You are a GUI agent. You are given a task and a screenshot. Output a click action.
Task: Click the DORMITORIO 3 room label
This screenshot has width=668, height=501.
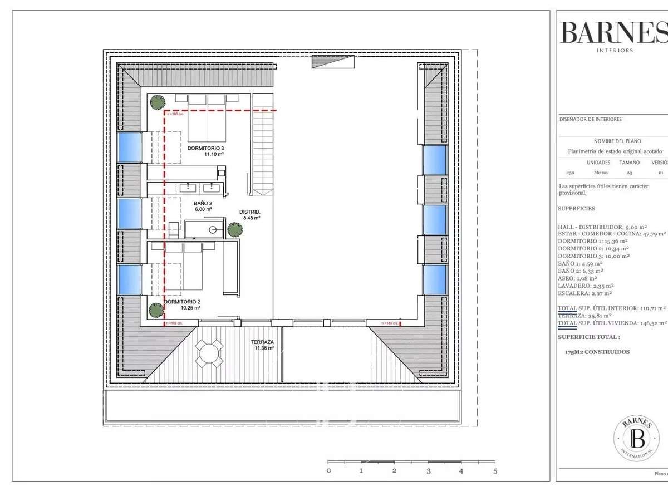[x=206, y=148]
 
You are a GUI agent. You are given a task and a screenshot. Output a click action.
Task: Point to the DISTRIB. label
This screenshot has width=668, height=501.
[x=250, y=212]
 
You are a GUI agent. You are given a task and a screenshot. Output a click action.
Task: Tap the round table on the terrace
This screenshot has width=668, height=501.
[x=209, y=353]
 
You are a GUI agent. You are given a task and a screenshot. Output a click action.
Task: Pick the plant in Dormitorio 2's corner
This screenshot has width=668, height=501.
[x=155, y=309]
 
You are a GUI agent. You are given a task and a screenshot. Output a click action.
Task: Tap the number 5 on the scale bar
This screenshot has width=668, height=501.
[x=495, y=471]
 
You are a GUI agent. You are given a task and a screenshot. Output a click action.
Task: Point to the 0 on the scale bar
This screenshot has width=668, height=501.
[x=328, y=471]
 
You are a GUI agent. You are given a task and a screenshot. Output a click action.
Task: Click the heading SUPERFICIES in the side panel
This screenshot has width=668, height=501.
[x=576, y=209]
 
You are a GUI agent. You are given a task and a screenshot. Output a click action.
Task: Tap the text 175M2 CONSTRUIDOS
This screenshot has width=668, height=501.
[x=597, y=352]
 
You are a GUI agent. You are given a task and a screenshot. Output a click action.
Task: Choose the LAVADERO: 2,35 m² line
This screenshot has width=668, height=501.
[x=584, y=286]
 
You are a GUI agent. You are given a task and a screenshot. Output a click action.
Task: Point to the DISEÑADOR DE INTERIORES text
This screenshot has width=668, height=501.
[x=590, y=119]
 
